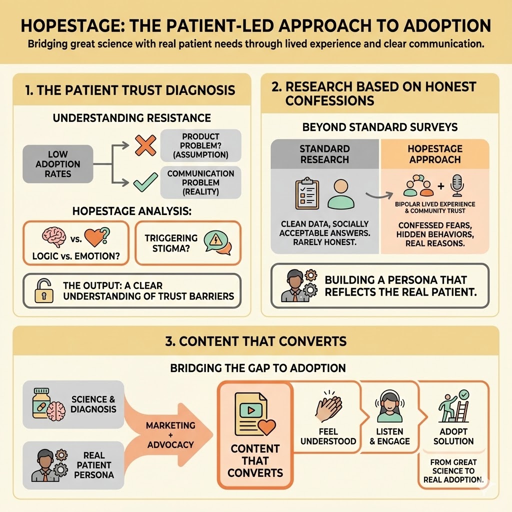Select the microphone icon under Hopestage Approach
point(456,185)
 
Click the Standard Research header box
point(324,153)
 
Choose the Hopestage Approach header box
point(434,153)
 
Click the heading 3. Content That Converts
point(255,341)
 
